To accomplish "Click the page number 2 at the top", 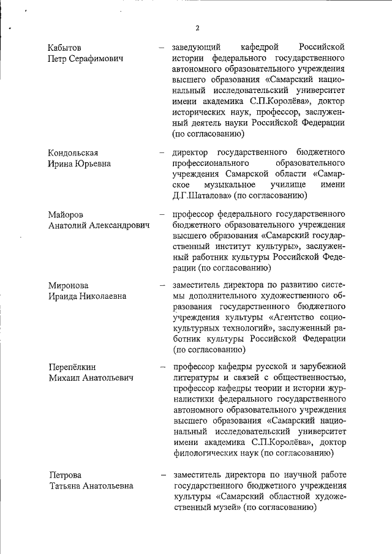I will (197, 28).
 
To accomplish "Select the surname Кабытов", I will (65, 47).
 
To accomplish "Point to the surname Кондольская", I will (73, 152).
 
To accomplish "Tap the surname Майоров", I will (66, 214).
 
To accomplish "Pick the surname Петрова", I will (65, 474).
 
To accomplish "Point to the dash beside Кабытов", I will (162, 47).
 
